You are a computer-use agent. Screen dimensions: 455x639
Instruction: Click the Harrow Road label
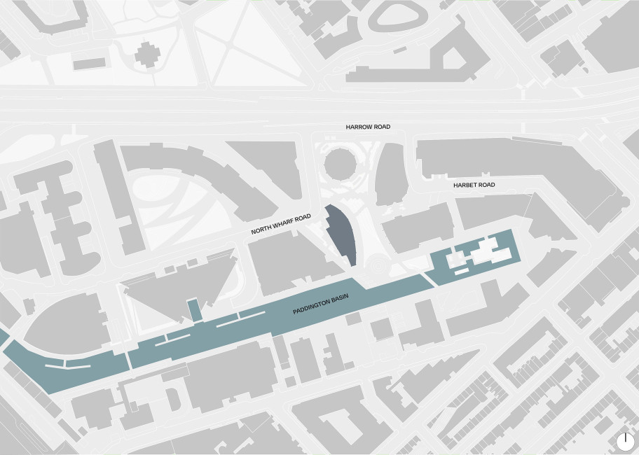[x=368, y=127]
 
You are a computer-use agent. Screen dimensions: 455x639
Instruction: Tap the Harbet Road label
[x=474, y=185]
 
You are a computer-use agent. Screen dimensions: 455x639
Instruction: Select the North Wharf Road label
[x=280, y=225]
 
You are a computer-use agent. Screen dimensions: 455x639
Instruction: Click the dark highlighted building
[x=342, y=234]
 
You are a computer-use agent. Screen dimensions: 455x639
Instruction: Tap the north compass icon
[x=626, y=442]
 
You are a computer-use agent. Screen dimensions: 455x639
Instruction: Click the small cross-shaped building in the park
[x=148, y=54]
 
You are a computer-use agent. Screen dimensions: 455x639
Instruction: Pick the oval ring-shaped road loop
[x=397, y=17]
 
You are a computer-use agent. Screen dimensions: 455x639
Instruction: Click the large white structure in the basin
[x=490, y=251]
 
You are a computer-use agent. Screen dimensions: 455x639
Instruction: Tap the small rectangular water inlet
[x=194, y=309]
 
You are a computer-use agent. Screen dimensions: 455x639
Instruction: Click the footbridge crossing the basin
[x=128, y=360]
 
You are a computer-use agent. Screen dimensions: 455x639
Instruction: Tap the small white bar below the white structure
[x=460, y=270]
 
